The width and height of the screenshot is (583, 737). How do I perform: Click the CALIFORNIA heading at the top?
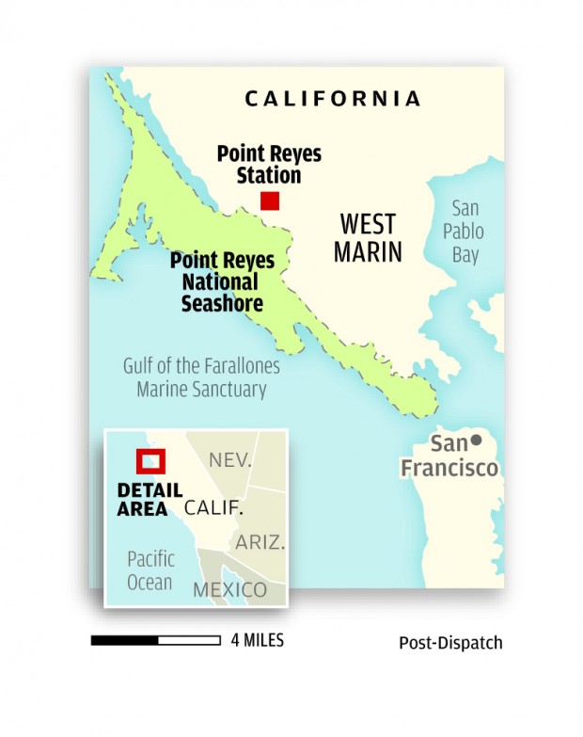[332, 98]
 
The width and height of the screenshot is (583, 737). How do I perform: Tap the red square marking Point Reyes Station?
[270, 200]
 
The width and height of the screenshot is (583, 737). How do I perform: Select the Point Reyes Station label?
[269, 164]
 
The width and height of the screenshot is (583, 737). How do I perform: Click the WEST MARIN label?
[370, 238]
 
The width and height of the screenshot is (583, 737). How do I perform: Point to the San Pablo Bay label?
[465, 231]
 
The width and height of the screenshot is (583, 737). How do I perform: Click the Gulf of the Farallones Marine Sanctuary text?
[201, 377]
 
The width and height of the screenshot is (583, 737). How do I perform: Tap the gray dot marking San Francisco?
[477, 441]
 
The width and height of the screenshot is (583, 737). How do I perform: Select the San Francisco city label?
[449, 456]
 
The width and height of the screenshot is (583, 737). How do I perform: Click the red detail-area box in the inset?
[150, 461]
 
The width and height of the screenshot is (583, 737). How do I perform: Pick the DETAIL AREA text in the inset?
[150, 500]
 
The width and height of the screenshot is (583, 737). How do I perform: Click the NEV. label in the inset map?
[230, 461]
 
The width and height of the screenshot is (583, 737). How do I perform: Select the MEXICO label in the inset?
[229, 590]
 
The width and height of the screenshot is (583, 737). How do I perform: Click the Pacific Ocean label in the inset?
[150, 570]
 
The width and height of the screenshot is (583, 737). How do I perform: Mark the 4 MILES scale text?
[257, 640]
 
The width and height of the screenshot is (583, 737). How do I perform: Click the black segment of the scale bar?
[124, 640]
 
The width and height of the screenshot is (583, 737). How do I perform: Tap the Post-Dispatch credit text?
[450, 643]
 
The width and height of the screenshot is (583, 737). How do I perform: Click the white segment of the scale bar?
[191, 640]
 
